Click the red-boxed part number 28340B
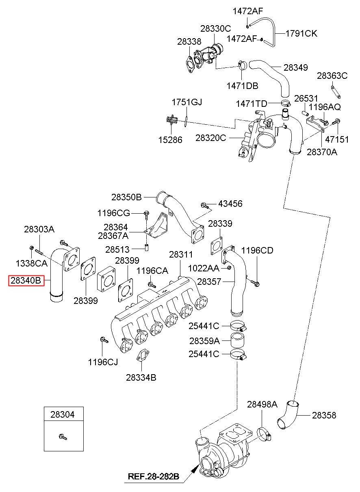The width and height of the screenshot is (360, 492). click(x=26, y=280)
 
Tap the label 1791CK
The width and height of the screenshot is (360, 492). click(x=301, y=34)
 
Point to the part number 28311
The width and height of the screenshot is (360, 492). click(x=181, y=254)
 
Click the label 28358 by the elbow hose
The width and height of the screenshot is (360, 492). click(x=324, y=415)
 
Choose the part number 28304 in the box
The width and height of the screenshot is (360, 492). click(x=63, y=414)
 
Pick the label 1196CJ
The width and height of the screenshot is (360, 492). click(x=103, y=362)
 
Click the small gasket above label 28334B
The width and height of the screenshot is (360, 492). click(x=143, y=355)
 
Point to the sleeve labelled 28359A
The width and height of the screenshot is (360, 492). click(x=237, y=341)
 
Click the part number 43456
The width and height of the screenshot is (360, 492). click(x=230, y=204)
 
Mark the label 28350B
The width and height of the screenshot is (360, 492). click(x=126, y=197)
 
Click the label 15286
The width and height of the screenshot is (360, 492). click(x=170, y=140)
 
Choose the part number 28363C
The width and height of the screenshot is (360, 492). click(x=332, y=76)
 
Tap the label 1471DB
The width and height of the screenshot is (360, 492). click(x=242, y=86)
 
